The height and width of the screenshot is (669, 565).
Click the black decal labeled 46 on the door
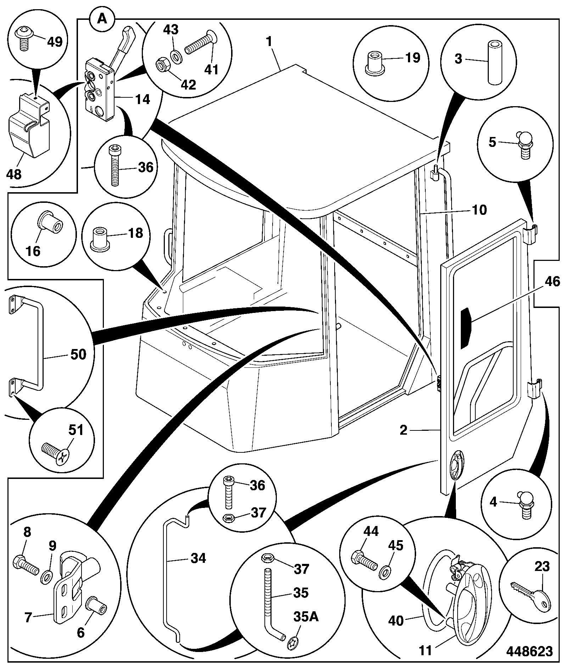(465, 328)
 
